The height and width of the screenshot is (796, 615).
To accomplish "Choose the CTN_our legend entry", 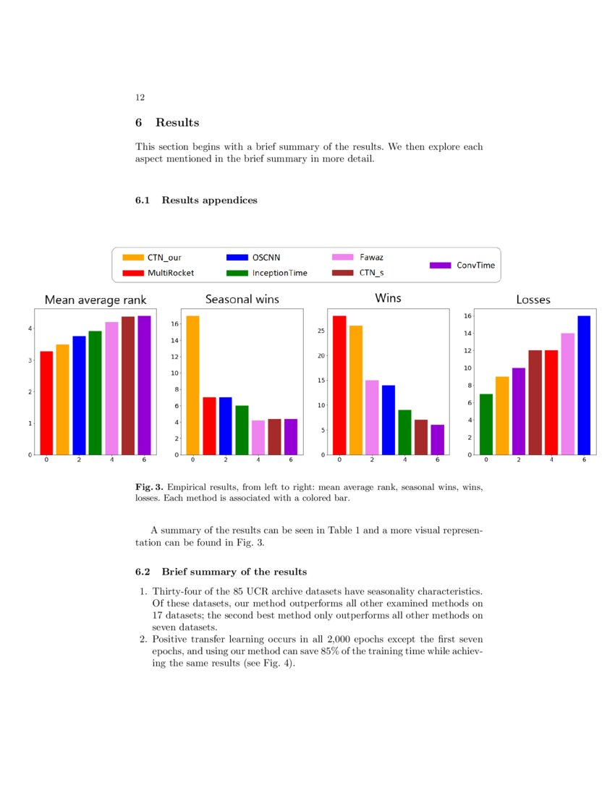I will tap(152, 257).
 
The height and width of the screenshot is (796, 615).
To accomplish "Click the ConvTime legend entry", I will tap(463, 265).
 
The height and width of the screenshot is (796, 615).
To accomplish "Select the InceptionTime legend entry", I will tap(267, 273).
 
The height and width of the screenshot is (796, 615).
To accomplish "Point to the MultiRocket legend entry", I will tap(158, 273).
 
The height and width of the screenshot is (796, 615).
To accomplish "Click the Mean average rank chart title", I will tap(96, 300).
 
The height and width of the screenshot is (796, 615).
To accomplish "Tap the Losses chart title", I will tap(533, 300).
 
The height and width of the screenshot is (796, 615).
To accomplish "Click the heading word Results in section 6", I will tap(177, 122).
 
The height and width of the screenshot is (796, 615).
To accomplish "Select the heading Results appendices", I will tap(209, 200).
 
